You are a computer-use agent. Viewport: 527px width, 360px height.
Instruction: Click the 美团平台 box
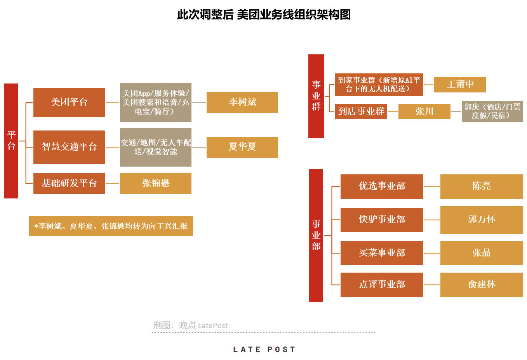click(69, 103)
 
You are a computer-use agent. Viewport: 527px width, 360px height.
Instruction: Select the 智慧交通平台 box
click(69, 147)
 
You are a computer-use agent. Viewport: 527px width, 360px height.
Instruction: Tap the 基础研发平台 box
click(69, 183)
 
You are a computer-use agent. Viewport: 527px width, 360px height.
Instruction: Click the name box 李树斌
click(242, 103)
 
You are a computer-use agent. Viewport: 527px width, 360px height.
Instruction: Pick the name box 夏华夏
click(242, 147)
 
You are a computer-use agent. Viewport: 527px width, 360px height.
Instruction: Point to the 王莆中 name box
click(460, 85)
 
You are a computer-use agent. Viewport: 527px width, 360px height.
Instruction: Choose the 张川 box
click(424, 111)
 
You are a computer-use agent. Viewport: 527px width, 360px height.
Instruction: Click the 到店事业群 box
click(361, 111)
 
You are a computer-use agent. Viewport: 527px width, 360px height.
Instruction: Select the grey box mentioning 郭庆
click(492, 111)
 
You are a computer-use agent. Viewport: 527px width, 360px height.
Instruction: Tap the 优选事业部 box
click(382, 186)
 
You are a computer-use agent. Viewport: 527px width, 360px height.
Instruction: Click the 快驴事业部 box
click(382, 220)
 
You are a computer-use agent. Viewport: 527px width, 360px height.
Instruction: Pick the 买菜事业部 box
click(382, 253)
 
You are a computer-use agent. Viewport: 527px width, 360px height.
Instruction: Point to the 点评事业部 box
click(382, 285)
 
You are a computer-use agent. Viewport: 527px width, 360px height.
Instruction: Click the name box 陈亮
click(481, 186)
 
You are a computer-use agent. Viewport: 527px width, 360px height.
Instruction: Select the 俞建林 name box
click(481, 285)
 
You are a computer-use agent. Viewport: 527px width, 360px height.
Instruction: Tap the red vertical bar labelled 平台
click(11, 141)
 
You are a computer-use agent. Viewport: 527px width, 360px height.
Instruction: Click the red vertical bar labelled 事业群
click(316, 96)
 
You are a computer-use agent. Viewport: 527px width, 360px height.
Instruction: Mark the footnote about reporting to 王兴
click(111, 226)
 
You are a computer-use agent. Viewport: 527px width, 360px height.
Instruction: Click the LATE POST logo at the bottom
click(264, 350)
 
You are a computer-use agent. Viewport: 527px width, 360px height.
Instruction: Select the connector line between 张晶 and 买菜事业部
click(431, 253)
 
